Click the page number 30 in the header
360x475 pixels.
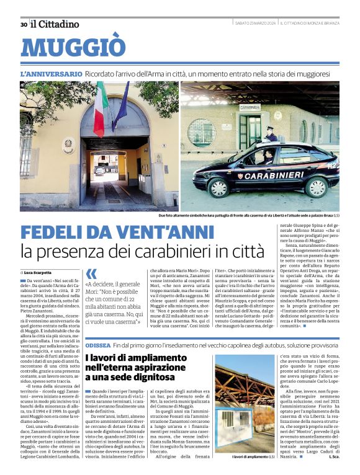pyautogui.click(x=23, y=24)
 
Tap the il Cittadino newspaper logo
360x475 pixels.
pyautogui.click(x=55, y=24)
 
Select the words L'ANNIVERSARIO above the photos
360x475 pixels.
pyautogui.click(x=51, y=74)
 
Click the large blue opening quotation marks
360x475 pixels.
pyautogui.click(x=91, y=273)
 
